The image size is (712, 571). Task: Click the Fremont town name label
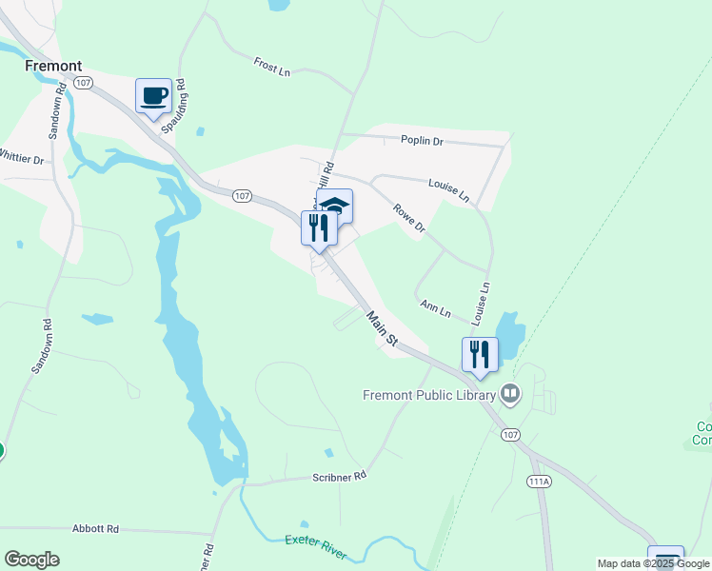coord(53,67)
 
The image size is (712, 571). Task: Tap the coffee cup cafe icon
coord(153,95)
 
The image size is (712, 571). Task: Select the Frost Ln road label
coord(271,67)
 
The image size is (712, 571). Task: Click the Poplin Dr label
coord(422,141)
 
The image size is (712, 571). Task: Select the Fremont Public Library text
coord(429,394)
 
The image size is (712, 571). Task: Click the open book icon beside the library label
coord(511,392)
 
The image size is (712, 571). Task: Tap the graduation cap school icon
coord(336,205)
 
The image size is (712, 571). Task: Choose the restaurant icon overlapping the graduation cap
coord(318,227)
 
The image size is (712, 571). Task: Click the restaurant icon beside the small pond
coord(480,354)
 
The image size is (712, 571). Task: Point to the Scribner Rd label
coord(339,475)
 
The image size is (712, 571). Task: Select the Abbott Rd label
coord(95,528)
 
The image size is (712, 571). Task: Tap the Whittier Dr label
coord(21,157)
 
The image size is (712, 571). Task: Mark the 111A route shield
coord(538,482)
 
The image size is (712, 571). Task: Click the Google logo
coord(31,560)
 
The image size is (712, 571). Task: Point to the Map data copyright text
coord(653,563)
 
